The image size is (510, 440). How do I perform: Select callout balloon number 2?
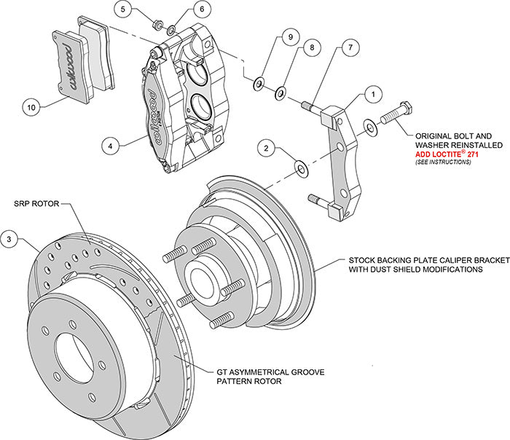point(267,149)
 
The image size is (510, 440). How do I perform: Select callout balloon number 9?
point(289,37)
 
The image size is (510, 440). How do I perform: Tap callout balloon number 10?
point(31,107)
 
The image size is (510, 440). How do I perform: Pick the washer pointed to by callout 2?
point(300,170)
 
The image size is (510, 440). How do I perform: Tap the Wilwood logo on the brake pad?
point(71,69)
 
